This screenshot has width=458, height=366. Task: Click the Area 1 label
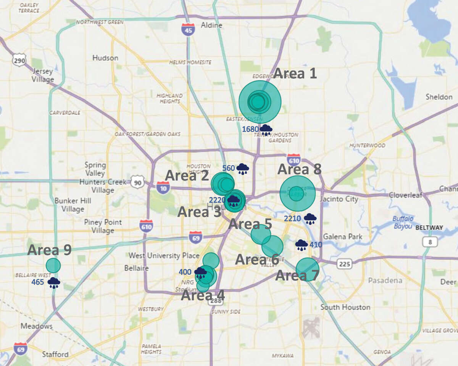295,73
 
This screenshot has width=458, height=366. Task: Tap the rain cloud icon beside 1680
266,130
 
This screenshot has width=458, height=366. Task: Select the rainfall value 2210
293,219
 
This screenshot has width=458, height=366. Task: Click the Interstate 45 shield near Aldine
188,29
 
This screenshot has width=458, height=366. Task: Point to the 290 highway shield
19,60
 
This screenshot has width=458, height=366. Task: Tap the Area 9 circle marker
53,265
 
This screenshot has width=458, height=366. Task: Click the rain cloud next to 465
54,283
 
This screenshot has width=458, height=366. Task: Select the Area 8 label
299,169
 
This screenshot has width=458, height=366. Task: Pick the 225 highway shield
344,263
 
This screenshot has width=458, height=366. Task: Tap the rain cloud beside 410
302,245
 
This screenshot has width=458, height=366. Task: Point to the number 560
228,168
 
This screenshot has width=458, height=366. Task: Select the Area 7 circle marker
307,269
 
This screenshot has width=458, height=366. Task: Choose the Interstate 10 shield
163,187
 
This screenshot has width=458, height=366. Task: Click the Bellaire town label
136,268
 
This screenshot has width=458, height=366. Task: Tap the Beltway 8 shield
429,242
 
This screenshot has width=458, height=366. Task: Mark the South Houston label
345,307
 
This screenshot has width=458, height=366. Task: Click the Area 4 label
203,295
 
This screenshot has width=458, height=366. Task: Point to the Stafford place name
55,354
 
